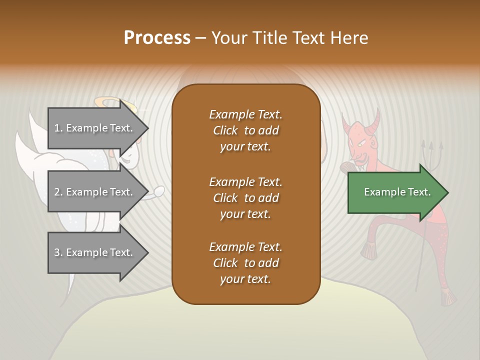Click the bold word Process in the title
coord(157,38)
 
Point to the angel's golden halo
coord(109,103)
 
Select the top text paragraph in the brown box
coord(245,130)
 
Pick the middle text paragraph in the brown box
coord(245,198)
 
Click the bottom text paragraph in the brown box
coord(245,263)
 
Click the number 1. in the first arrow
coord(58,128)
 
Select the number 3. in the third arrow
coord(58,252)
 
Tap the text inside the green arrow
coord(397,192)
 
